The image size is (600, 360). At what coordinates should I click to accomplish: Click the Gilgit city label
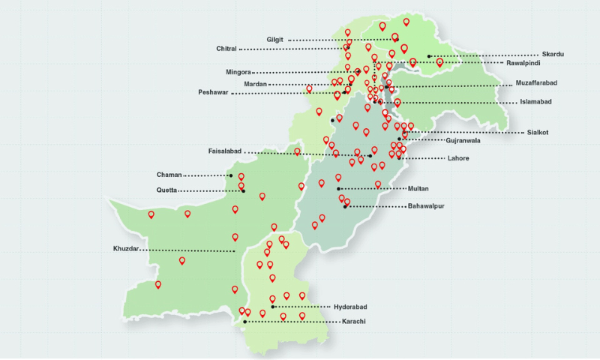(274, 40)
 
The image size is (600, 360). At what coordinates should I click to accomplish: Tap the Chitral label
(226, 49)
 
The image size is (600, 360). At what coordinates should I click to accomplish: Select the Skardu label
(553, 55)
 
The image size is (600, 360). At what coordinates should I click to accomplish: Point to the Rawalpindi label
(524, 64)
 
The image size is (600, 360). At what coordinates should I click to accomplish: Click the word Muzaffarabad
(536, 82)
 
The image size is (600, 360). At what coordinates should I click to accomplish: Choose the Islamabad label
(535, 102)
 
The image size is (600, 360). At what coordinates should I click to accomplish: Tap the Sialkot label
(537, 133)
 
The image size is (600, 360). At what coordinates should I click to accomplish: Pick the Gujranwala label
(463, 140)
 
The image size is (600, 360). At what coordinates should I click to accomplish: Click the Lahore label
(457, 158)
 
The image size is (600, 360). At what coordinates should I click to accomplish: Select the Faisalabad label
(225, 151)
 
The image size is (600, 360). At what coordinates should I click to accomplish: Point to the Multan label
(418, 188)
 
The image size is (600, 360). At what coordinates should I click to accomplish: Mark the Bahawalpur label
(426, 205)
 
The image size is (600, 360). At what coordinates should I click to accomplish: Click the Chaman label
(169, 175)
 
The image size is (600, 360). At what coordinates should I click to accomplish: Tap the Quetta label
(166, 190)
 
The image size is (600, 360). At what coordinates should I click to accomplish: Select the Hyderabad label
(349, 307)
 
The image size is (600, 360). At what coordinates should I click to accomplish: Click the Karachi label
(353, 322)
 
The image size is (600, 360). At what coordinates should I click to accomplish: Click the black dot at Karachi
(245, 322)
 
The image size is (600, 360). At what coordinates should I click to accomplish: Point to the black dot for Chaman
(231, 175)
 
